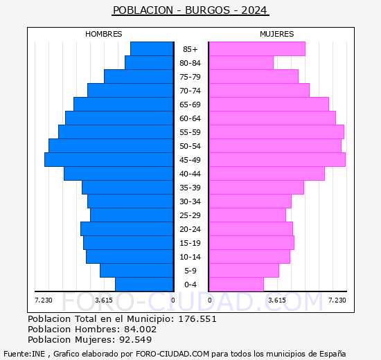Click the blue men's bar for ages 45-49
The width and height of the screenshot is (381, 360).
109,160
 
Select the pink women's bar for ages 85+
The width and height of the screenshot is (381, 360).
256,49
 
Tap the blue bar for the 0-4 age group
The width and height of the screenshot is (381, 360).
144,285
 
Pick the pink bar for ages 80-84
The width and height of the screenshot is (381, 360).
240,63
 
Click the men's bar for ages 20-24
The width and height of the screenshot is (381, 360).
127,229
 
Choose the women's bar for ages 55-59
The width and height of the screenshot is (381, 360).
276,132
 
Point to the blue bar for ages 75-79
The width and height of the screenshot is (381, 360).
139,77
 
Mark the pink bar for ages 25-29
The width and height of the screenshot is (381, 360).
247,215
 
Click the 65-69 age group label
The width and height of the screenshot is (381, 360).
190,105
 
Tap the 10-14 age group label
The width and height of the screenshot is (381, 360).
190,257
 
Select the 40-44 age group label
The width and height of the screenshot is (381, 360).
190,174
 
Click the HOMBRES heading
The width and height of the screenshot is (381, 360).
103,34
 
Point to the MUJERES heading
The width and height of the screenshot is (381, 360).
276,34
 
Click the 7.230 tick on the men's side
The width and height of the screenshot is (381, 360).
43,300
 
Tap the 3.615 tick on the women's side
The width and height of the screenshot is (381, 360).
276,300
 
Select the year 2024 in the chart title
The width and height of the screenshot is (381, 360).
254,10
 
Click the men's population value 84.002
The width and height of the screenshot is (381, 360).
136,330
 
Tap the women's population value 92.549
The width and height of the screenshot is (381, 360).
133,340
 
